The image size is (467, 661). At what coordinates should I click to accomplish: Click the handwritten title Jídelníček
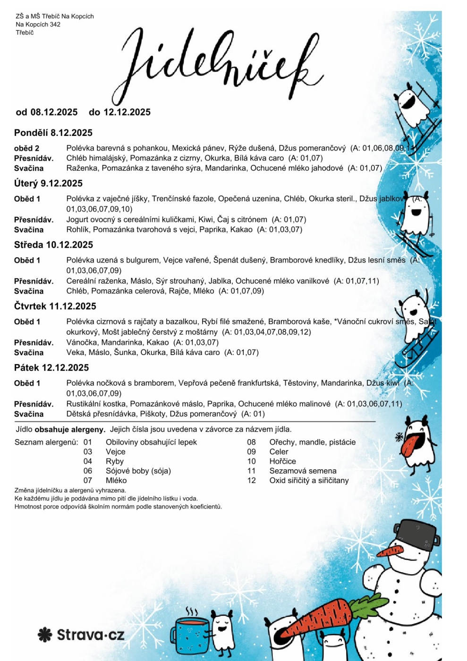(x=217, y=64)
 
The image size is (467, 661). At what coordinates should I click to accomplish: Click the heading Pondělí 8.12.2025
(x=53, y=133)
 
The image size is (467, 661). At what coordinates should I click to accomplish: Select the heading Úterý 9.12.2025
(x=48, y=183)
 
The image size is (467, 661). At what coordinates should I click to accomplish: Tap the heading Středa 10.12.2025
(x=53, y=245)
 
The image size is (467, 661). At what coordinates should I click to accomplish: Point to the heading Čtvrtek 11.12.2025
(x=55, y=306)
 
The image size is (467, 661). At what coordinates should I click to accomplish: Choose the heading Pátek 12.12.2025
(x=51, y=367)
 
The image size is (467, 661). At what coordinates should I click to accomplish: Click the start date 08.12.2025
(x=54, y=112)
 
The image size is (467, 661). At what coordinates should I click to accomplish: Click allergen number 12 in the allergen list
(x=251, y=481)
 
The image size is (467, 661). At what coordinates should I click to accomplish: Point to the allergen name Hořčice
(x=282, y=461)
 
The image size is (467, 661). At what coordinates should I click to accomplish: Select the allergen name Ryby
(x=114, y=461)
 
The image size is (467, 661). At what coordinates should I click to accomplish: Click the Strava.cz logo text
(x=90, y=635)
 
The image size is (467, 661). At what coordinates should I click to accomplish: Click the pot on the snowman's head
(x=416, y=535)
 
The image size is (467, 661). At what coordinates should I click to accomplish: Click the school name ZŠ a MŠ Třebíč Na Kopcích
(x=55, y=16)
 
